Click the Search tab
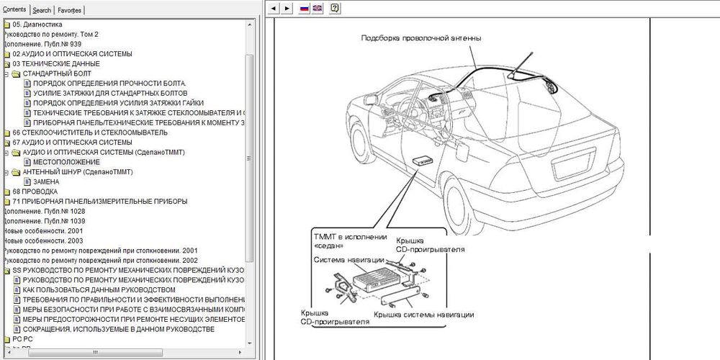(42, 10)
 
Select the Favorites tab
(69, 10)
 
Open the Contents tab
(15, 9)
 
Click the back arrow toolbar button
(274, 9)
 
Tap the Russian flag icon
(304, 9)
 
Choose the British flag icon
(317, 9)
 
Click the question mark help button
(335, 9)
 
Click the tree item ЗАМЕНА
(46, 182)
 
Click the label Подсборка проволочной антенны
(420, 38)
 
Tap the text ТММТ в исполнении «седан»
(350, 241)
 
